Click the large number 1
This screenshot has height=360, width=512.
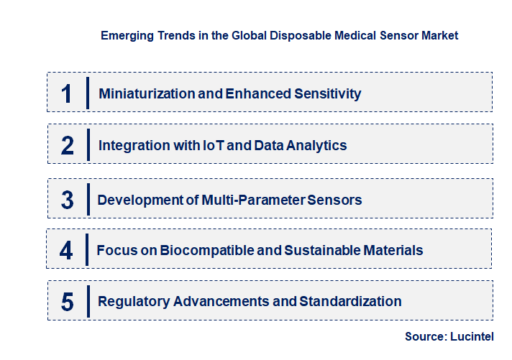(x=67, y=93)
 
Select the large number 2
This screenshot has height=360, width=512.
(x=68, y=145)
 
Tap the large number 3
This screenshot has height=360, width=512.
(x=68, y=200)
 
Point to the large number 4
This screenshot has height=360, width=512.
(x=67, y=250)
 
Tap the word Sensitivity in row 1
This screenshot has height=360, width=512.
(x=326, y=93)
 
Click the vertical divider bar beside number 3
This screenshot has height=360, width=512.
(x=88, y=199)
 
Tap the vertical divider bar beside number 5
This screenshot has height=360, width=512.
(x=88, y=301)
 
